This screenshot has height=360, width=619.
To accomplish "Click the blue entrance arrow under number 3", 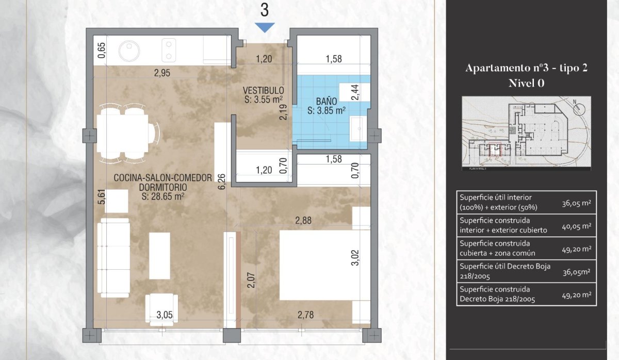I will point(265,28).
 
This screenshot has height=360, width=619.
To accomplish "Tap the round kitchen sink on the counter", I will point(128,51).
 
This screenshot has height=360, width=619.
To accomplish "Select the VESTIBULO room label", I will point(264,91).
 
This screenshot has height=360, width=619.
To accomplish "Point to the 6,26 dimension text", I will point(221,181).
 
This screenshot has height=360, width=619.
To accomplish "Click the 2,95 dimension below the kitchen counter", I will point(162,73).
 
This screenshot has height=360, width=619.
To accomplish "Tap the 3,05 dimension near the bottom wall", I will point(165,315).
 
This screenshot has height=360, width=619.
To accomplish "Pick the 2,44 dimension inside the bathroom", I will point(355,92).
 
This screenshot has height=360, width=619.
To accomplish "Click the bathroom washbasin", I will point(356,128).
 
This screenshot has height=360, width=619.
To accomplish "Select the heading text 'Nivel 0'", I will point(526,81).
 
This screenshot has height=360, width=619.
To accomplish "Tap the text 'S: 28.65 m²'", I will point(162,196).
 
